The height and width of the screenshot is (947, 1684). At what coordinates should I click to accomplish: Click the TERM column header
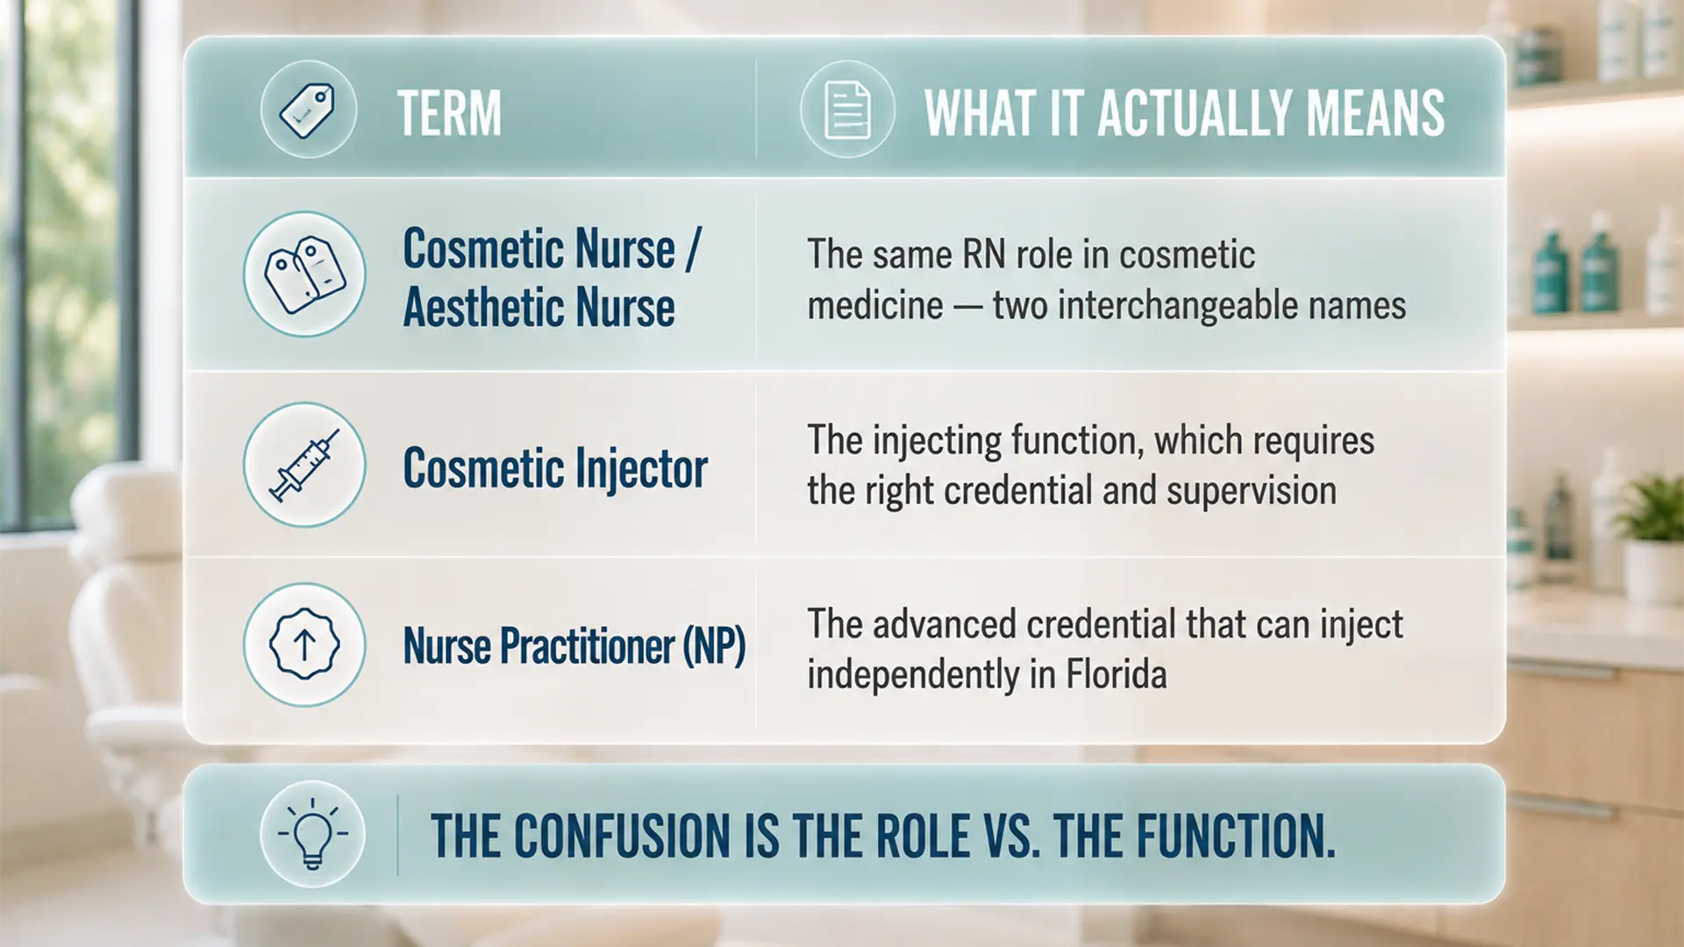tap(449, 113)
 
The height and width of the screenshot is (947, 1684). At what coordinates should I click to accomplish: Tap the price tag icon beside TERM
tap(308, 110)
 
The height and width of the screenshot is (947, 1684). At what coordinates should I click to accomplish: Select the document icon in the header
tap(847, 110)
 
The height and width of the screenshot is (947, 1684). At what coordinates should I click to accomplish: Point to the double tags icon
tap(304, 274)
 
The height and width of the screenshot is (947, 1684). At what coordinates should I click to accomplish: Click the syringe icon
tap(304, 465)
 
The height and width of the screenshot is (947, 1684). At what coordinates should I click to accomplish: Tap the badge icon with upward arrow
tap(304, 645)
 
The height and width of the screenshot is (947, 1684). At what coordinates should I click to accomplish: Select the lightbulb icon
tap(312, 834)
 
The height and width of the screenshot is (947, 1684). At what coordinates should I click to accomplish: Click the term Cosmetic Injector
tap(555, 468)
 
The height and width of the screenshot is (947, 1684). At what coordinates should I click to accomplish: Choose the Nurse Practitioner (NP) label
tap(574, 646)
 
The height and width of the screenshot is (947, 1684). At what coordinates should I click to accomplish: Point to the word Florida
tap(1116, 674)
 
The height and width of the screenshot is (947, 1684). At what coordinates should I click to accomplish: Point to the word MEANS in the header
tap(1375, 113)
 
